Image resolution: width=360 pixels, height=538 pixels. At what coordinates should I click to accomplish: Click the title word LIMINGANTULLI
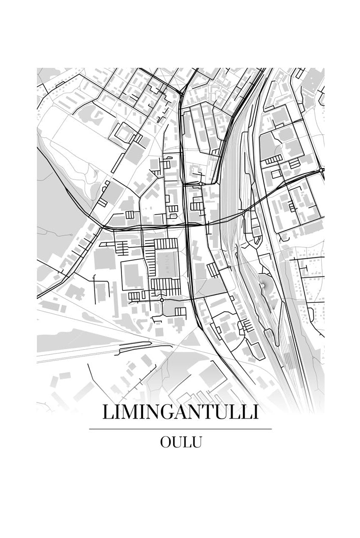point(180,412)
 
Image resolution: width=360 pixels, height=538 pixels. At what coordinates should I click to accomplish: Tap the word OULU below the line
point(180,442)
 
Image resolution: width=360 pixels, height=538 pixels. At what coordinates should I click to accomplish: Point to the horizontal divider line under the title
point(180,429)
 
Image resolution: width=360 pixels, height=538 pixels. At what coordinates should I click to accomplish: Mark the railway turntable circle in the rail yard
point(264,284)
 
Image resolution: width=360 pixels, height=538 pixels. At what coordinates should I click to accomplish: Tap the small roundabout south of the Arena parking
point(162,299)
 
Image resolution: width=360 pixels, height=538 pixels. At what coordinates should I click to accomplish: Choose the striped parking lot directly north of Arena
point(166,243)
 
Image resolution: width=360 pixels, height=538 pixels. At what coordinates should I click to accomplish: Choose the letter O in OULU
point(166,442)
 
